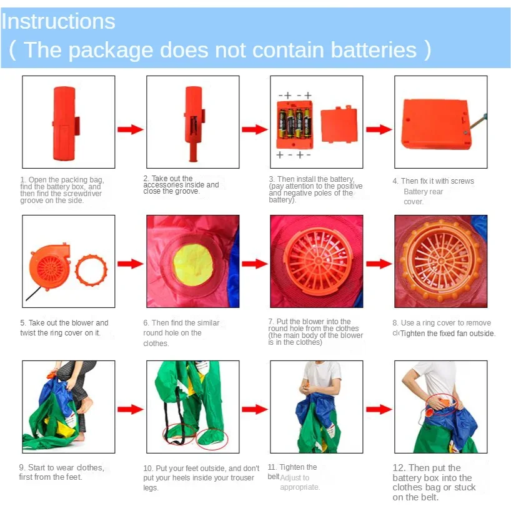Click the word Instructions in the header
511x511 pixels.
[58, 21]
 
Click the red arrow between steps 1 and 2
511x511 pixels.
[130, 129]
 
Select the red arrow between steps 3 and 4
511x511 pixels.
[379, 129]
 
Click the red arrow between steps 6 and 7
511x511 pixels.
[254, 264]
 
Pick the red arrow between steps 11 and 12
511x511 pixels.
[379, 410]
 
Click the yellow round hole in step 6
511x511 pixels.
[192, 264]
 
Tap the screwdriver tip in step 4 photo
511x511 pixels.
[483, 117]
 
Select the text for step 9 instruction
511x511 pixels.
[60, 472]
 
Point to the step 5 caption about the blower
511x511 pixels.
[64, 328]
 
